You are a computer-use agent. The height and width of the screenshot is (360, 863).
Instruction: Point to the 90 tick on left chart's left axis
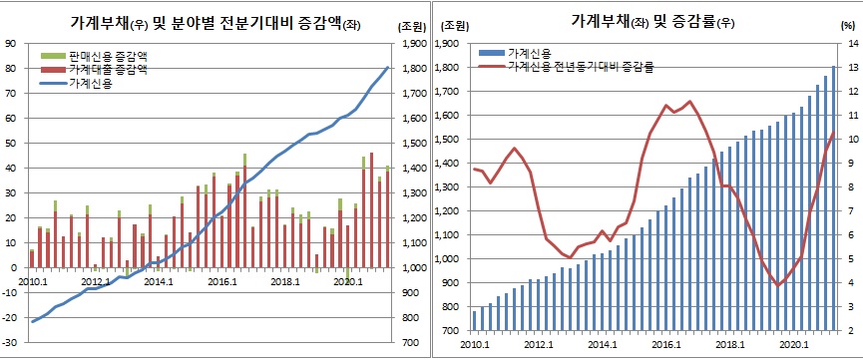[x=10, y=43]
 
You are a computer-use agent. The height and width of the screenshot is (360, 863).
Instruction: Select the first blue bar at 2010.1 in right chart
[x=475, y=320]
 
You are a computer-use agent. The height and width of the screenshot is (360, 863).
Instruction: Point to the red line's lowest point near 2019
[x=777, y=286]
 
